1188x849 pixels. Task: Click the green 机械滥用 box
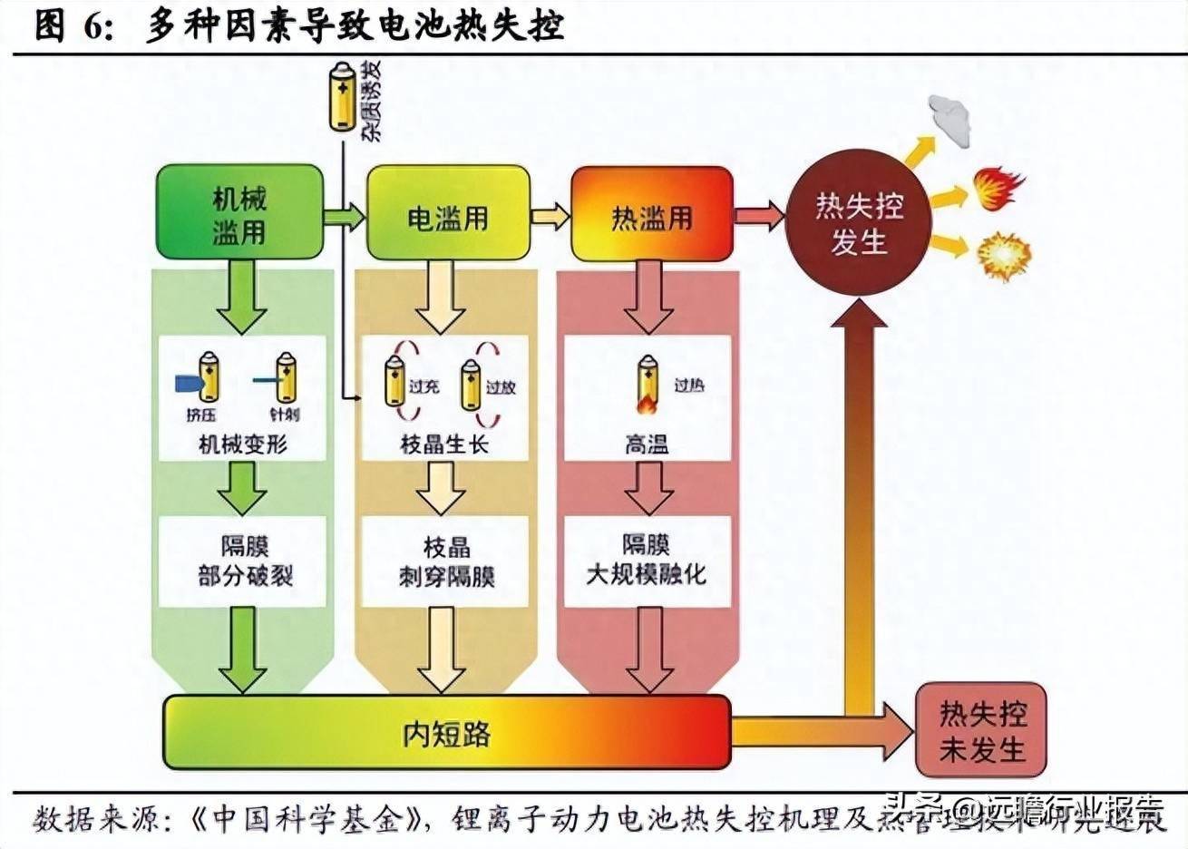click(x=239, y=216)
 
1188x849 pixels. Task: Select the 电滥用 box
click(x=447, y=216)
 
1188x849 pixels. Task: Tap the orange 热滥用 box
click(x=650, y=216)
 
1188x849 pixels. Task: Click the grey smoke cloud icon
click(x=949, y=119)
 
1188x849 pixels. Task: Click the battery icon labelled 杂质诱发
click(x=344, y=97)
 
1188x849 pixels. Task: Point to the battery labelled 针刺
click(x=285, y=378)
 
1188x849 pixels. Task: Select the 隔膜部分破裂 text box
click(x=242, y=561)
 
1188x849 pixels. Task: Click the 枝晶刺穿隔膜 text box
click(x=446, y=561)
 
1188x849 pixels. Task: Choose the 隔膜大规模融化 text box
click(x=647, y=560)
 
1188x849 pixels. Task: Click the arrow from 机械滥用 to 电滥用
click(x=345, y=216)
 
